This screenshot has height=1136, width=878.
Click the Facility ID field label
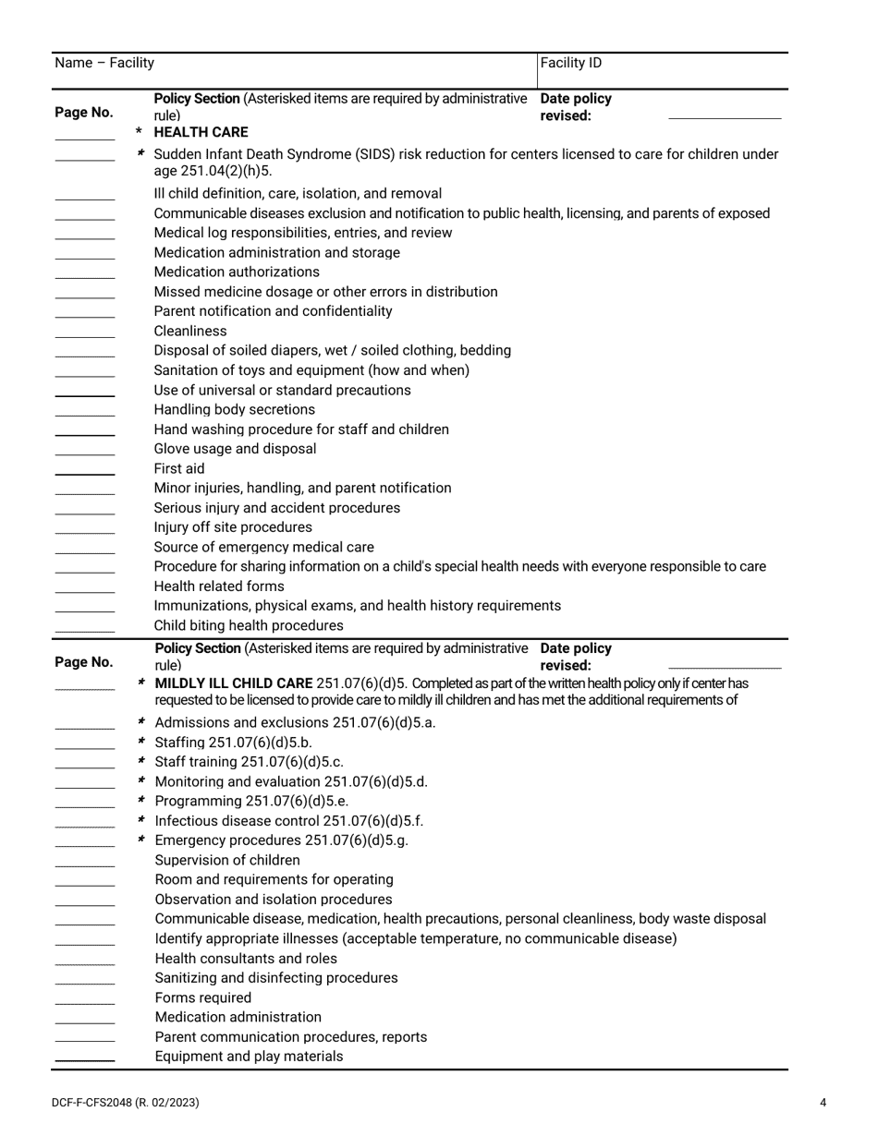click(x=571, y=64)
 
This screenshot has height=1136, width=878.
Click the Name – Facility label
click(x=104, y=64)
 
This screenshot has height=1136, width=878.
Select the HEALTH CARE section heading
click(x=201, y=133)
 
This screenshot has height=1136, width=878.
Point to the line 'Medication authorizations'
click(x=237, y=272)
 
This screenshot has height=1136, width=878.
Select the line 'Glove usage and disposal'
click(x=235, y=450)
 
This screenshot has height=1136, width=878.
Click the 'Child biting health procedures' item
click(x=248, y=626)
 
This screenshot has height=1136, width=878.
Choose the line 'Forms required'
click(x=202, y=998)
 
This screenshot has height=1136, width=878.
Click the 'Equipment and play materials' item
click(x=249, y=1057)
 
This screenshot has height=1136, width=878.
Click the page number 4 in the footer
click(x=823, y=1103)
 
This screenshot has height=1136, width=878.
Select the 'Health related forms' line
click(x=219, y=587)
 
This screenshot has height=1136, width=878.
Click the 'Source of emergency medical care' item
click(x=263, y=548)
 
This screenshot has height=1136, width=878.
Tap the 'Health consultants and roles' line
click(x=246, y=959)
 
